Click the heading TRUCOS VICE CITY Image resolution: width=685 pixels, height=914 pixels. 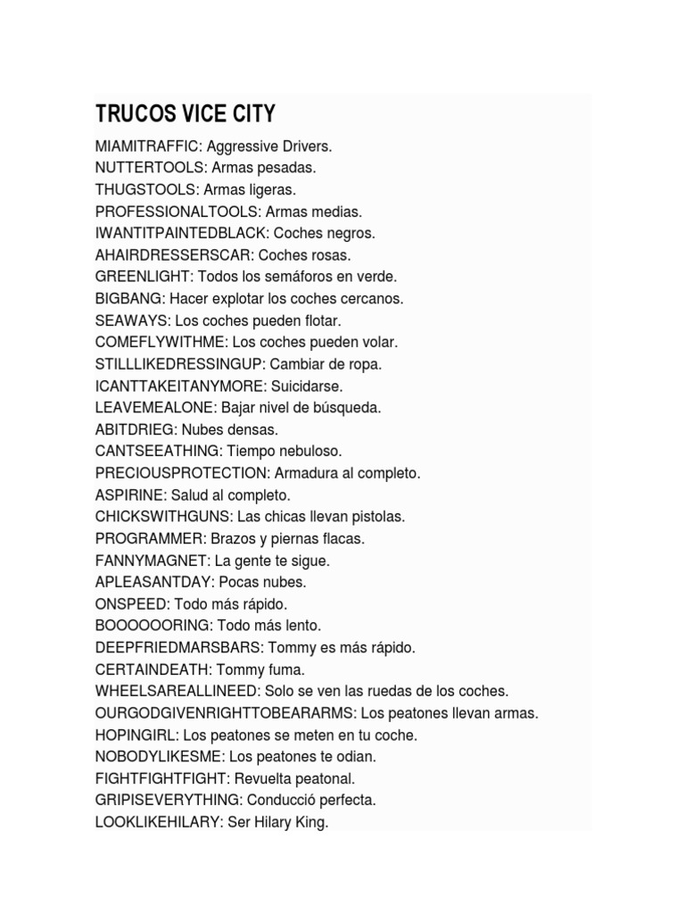(x=186, y=114)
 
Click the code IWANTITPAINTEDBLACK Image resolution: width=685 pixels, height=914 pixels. (x=180, y=233)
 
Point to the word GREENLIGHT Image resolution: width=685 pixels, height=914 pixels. (x=143, y=277)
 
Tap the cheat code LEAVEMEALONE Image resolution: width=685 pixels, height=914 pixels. (x=155, y=408)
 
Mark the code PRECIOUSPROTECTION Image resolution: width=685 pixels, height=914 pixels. (x=181, y=473)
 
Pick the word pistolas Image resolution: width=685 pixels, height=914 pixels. (x=378, y=517)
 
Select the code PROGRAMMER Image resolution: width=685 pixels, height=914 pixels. (x=150, y=539)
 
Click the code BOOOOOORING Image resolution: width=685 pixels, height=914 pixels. (x=152, y=626)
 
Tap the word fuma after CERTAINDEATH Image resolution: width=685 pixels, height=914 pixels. (x=287, y=669)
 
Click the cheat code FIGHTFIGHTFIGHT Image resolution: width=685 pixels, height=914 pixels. (x=162, y=778)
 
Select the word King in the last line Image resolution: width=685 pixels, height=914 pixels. (x=314, y=822)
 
